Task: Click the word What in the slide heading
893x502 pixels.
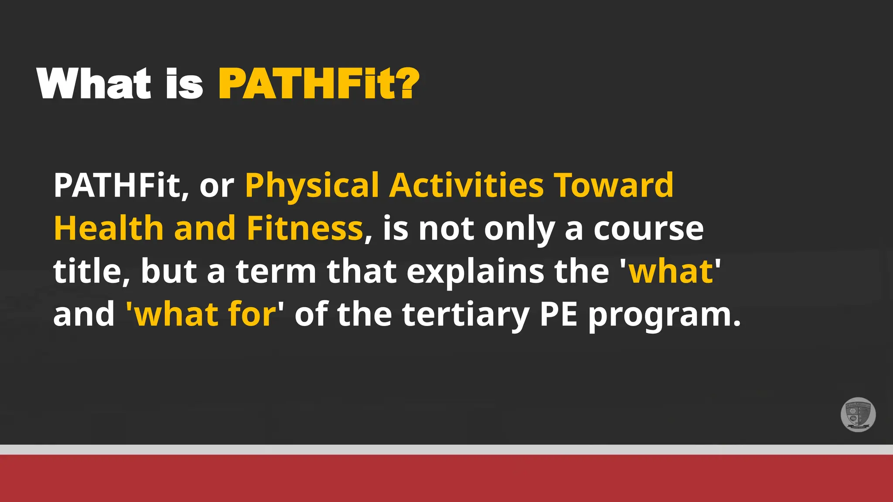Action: [x=94, y=84]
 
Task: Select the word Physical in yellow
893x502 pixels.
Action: [x=312, y=186]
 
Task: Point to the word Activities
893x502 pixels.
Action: [x=467, y=186]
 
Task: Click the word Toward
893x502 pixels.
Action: [x=614, y=186]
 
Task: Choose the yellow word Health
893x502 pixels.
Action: [x=109, y=228]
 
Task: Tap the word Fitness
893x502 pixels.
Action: [x=305, y=228]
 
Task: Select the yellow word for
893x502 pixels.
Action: [x=252, y=314]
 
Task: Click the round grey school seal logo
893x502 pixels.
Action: [x=858, y=414]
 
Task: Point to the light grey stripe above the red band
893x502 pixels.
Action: [x=446, y=449]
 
